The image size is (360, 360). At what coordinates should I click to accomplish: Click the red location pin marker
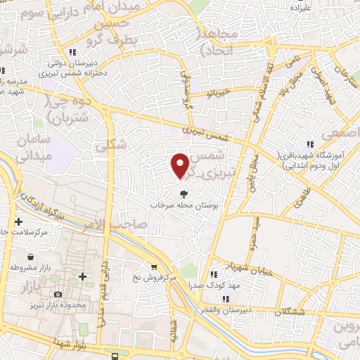(x=180, y=165)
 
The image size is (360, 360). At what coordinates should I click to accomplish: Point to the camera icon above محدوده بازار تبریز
(x=58, y=294)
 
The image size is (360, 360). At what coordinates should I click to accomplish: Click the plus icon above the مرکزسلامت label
(x=19, y=221)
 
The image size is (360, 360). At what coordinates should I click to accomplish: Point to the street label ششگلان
(x=288, y=311)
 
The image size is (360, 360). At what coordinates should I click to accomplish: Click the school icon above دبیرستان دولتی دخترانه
(x=73, y=52)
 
